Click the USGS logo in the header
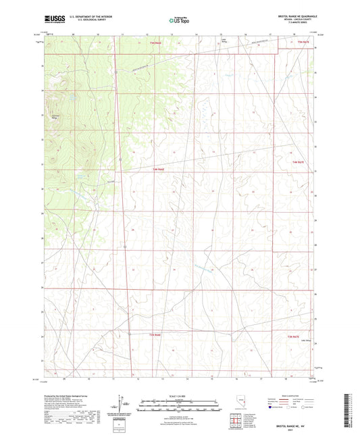pyautogui.click(x=51, y=20)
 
